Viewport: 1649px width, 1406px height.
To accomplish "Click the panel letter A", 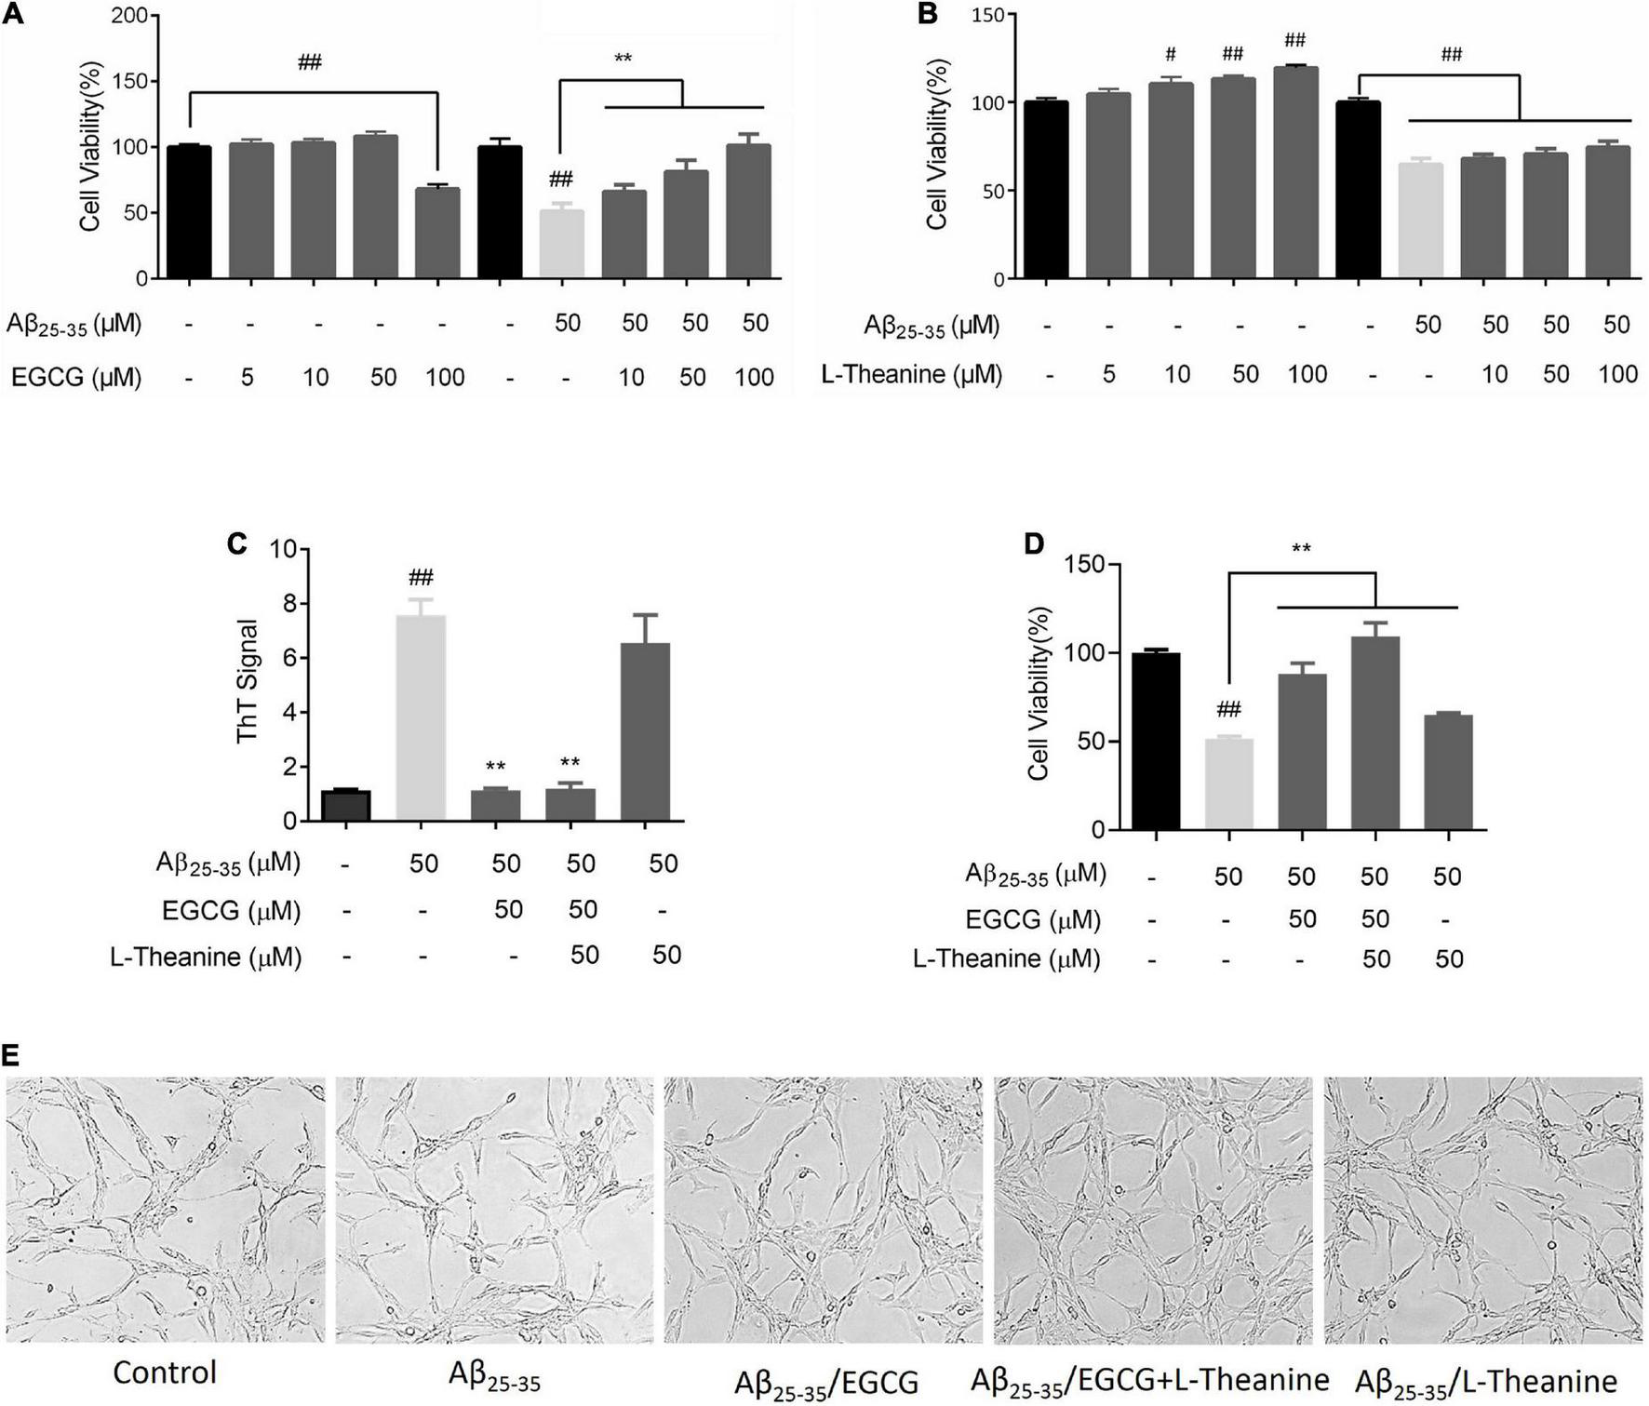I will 13,14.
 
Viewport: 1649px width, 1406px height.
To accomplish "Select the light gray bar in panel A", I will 562,244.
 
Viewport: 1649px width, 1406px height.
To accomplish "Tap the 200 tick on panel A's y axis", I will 128,16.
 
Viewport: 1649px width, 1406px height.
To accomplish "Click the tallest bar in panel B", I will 1294,173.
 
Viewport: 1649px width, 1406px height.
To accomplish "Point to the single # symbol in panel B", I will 1171,56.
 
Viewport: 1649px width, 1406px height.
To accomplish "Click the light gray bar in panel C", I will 421,717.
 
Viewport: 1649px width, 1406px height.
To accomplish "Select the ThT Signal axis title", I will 248,680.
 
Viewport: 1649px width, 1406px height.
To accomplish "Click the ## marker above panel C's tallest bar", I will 421,578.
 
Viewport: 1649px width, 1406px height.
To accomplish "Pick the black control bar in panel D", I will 1156,741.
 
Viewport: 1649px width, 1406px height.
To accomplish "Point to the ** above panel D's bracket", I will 1301,549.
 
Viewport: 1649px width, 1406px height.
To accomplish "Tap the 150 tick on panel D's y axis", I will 1085,565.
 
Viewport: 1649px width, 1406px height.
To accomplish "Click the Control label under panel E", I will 164,1373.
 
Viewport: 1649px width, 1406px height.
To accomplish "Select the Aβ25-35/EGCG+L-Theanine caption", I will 1149,1381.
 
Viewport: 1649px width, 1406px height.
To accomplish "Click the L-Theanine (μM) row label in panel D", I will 1006,959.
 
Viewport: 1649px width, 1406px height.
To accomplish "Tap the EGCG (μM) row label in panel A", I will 76,377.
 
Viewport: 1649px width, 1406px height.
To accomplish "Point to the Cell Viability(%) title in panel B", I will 935,144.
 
